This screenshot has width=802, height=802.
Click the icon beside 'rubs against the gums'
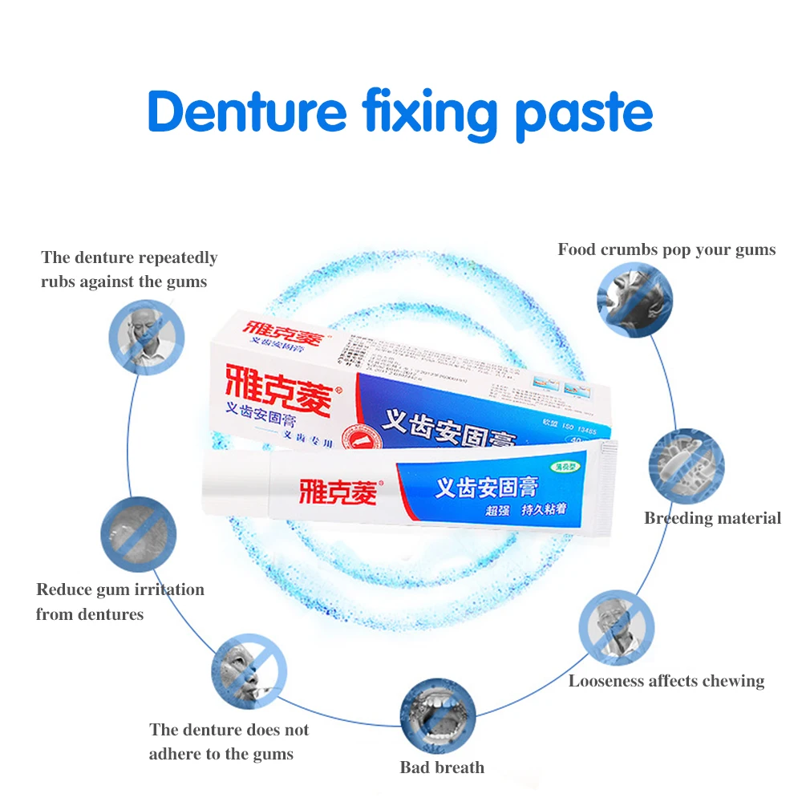148,337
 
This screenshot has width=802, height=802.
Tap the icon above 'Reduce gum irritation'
138,534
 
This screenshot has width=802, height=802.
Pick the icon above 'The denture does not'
249,668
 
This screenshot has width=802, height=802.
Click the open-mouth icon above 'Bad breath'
437,717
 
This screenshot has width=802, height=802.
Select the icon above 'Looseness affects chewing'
616,628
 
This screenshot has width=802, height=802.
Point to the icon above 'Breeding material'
686,467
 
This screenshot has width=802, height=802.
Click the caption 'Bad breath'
442,768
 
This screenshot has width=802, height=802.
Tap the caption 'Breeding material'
712,518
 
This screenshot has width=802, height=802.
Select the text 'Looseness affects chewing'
666,682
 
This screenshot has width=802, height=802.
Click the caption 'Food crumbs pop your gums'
666,249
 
